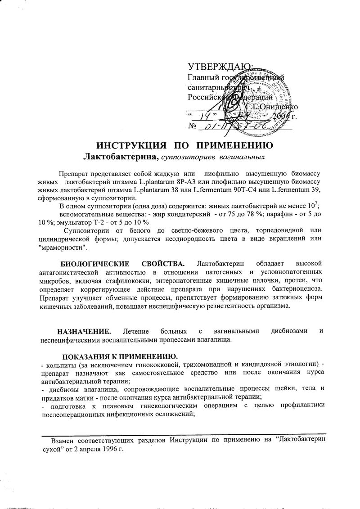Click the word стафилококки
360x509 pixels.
(119, 279)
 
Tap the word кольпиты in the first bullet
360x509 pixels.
(59, 363)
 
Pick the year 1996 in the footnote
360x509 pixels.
(111, 449)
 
